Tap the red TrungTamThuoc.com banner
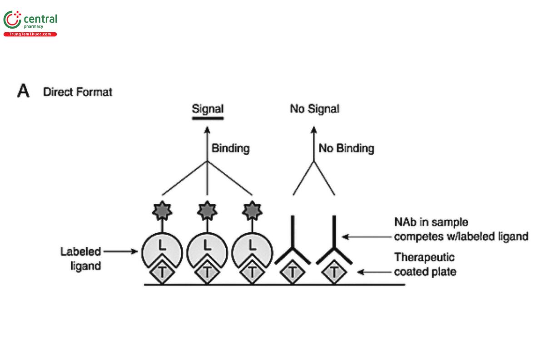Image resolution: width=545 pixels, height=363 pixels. coord(30,34)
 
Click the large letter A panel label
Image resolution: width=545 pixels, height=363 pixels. coord(23,91)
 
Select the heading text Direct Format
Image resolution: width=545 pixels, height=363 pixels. coord(77,92)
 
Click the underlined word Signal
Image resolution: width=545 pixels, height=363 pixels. coord(208,109)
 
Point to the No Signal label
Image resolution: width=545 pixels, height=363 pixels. coord(314,109)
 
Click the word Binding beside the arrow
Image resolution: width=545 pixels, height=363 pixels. coord(230,148)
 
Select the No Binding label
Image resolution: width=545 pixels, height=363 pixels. coord(346,148)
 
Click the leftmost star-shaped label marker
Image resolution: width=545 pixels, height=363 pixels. coord(162,210)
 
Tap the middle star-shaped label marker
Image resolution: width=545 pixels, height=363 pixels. coord(208,210)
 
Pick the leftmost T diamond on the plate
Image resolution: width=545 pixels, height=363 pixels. coord(162,273)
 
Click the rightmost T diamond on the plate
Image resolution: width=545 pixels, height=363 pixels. coord(334,273)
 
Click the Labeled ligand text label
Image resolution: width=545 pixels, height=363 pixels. coord(81,258)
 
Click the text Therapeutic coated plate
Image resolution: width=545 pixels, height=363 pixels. coord(424,265)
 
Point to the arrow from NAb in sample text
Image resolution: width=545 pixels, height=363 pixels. coord(366,236)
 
